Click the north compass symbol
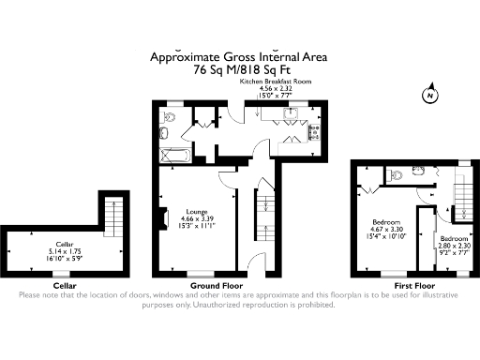click(x=428, y=95)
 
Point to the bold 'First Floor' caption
click(x=412, y=285)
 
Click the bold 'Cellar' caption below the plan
click(x=65, y=285)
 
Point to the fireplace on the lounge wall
click(x=163, y=218)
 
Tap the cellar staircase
click(x=113, y=217)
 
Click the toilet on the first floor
click(x=397, y=173)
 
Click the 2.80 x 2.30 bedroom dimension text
click(x=455, y=246)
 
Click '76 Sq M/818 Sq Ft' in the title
click(x=239, y=68)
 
